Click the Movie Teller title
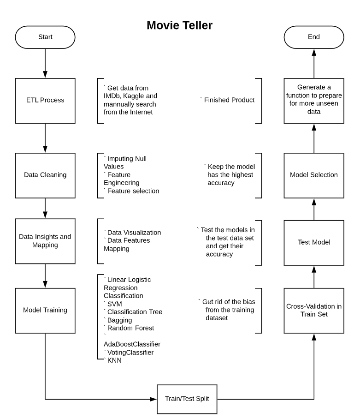click(179, 25)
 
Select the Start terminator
click(45, 37)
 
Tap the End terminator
click(314, 37)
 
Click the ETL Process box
click(45, 100)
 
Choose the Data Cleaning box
click(45, 175)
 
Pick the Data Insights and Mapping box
click(45, 241)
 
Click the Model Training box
click(45, 310)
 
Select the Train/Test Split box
click(187, 397)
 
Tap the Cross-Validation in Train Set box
click(314, 310)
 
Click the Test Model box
click(314, 241)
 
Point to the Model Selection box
click(314, 175)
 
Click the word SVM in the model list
click(115, 304)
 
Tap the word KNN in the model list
click(114, 360)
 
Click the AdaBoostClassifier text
click(132, 344)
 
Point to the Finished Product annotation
click(230, 100)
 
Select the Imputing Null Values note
click(127, 162)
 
